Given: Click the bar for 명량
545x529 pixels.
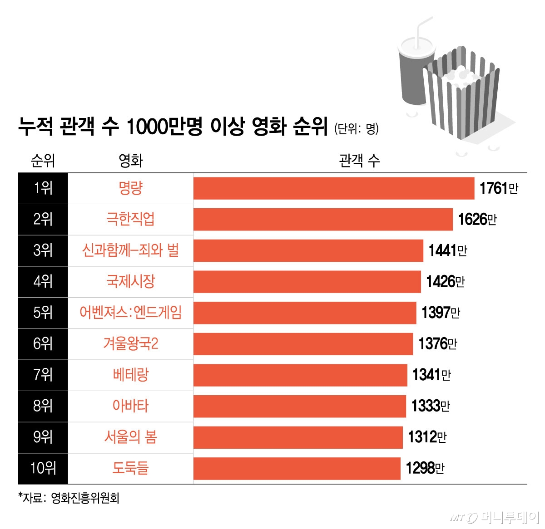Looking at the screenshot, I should coord(334,188).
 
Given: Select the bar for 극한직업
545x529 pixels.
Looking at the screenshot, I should coord(323,220).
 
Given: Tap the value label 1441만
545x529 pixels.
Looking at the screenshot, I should coord(448,250).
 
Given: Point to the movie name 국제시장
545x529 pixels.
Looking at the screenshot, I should coord(130,282).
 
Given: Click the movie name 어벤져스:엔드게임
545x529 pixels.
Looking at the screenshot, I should coord(130,313).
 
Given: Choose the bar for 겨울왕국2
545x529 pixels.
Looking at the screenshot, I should coord(303,344).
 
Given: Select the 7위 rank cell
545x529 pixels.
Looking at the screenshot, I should coord(43,375).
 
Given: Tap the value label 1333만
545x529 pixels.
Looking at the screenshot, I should coord(431,406).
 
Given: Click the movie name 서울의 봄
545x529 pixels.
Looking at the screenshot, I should coord(130,437).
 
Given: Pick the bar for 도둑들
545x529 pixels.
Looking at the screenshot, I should coord(297,469).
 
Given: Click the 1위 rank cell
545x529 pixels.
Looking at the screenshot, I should coord(43,188).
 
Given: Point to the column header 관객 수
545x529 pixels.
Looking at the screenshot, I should coord(359,161).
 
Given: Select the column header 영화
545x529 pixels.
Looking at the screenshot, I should coord(130,161).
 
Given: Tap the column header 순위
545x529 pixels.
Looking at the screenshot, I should coord(43,161).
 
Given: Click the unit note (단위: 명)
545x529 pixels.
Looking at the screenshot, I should coord(357,129).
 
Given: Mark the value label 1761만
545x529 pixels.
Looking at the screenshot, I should coord(499,188).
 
